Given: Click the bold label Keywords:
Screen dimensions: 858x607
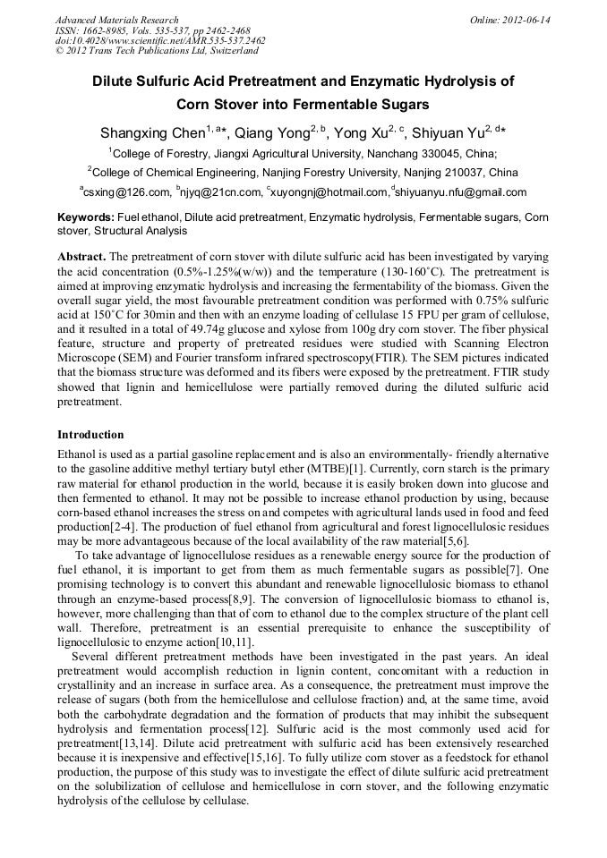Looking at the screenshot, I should click(86, 217).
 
